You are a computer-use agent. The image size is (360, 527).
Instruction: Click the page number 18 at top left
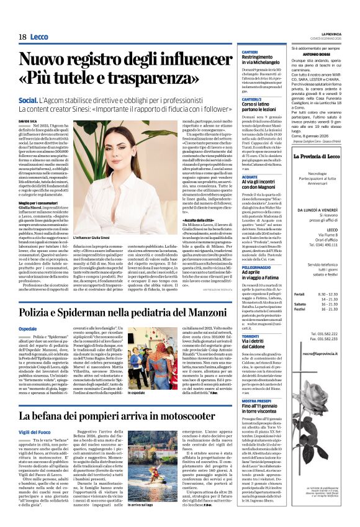click(x=22, y=37)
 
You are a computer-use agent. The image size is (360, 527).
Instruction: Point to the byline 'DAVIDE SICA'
click(x=28, y=121)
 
